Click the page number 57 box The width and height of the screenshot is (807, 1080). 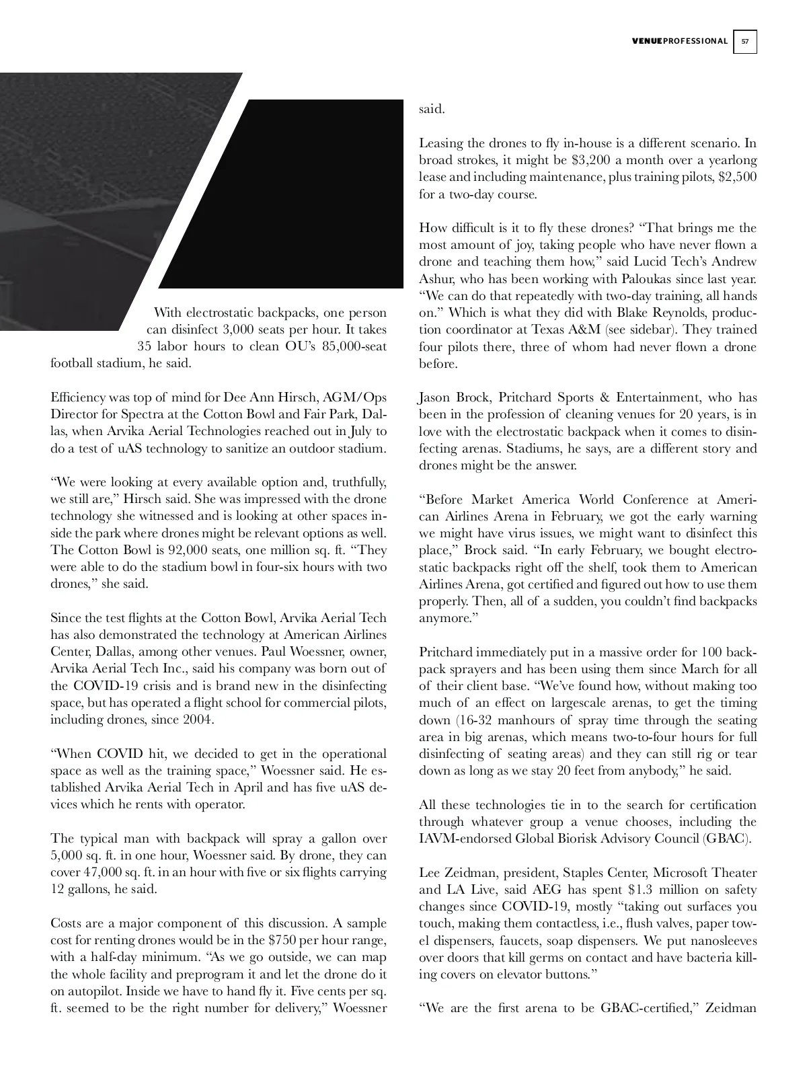pyautogui.click(x=744, y=42)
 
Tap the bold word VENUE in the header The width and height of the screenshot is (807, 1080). pyautogui.click(x=647, y=42)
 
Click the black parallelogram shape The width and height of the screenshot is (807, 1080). pyautogui.click(x=282, y=195)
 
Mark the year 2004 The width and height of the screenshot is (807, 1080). pyautogui.click(x=198, y=720)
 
